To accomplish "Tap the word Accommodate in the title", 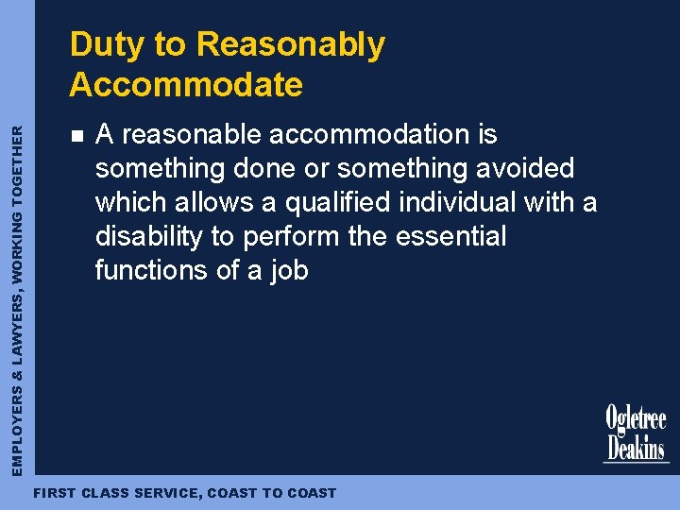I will click(x=186, y=85).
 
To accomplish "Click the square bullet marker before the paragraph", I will click(x=76, y=136).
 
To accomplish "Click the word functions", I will click(x=151, y=270).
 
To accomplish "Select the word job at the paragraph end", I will click(x=289, y=270).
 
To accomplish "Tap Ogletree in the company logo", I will click(x=636, y=418).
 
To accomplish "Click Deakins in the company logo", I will click(x=636, y=446).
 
